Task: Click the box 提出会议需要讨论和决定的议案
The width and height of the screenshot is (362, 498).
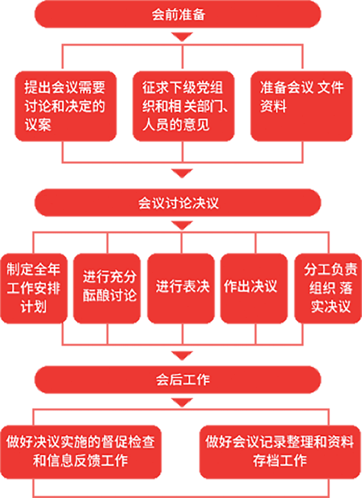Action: coord(65,106)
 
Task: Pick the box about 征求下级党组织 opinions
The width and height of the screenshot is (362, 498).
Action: coord(182,106)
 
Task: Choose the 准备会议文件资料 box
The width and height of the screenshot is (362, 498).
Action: coord(301,106)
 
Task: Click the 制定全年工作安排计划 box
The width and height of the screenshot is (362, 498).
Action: coord(33,288)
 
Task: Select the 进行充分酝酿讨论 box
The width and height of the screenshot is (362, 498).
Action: coord(107,288)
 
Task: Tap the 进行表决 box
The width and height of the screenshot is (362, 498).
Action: coord(182,288)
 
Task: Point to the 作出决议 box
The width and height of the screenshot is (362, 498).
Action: coord(255,288)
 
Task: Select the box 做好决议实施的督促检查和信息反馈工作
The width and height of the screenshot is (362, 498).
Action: coord(81,452)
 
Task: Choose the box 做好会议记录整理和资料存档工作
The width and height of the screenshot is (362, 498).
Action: coord(280,452)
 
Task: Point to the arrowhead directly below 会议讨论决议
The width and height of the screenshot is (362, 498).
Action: coord(182,226)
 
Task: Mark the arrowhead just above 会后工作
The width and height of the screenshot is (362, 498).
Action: coord(182,356)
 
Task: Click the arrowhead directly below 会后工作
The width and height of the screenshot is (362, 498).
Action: coord(182,403)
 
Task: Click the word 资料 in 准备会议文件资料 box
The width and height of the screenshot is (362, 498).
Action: coord(273,107)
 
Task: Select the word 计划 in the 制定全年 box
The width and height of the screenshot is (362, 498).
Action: coord(33,306)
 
